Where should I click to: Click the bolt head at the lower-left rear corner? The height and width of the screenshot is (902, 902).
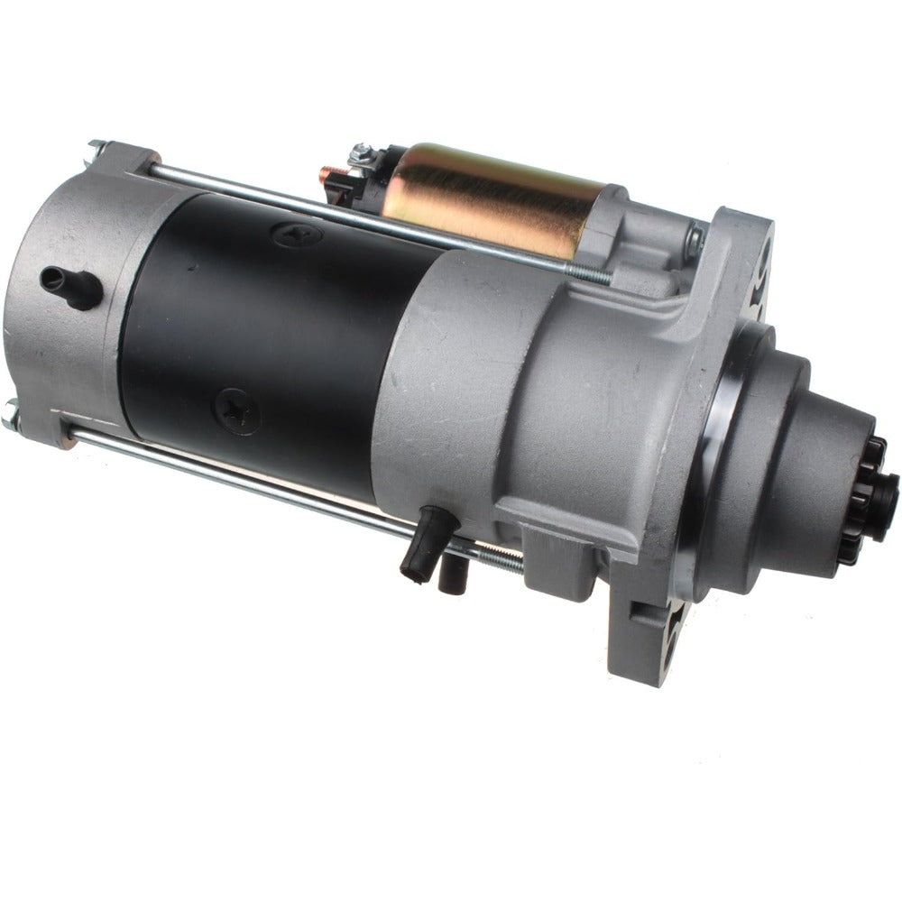click(12, 416)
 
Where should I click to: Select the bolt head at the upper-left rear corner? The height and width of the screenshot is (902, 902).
click(97, 146)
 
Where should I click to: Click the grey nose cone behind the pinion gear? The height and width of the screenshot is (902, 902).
click(794, 469)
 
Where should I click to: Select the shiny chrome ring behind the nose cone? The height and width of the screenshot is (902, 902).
click(713, 451)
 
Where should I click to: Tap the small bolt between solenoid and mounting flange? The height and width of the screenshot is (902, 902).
click(693, 239)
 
